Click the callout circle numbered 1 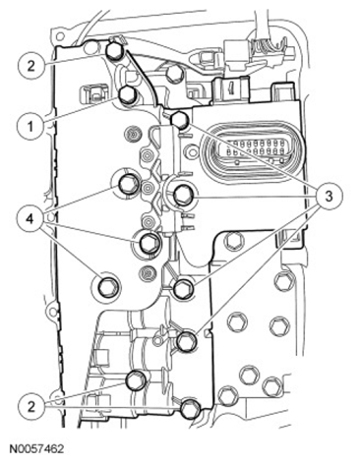click(30, 127)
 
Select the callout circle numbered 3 click(329, 197)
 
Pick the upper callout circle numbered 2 click(30, 66)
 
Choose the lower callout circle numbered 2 click(31, 407)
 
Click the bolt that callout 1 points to click(127, 94)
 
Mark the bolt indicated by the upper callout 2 click(115, 51)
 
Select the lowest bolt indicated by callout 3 click(187, 341)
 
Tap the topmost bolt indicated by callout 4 click(127, 185)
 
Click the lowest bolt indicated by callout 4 click(108, 287)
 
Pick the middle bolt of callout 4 click(150, 243)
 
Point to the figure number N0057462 click(36, 448)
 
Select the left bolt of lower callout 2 click(137, 380)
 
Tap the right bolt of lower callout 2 click(191, 408)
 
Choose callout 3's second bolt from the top click(183, 196)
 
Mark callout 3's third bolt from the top click(183, 289)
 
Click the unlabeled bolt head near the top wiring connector click(174, 74)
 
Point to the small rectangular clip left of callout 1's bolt click(92, 94)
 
